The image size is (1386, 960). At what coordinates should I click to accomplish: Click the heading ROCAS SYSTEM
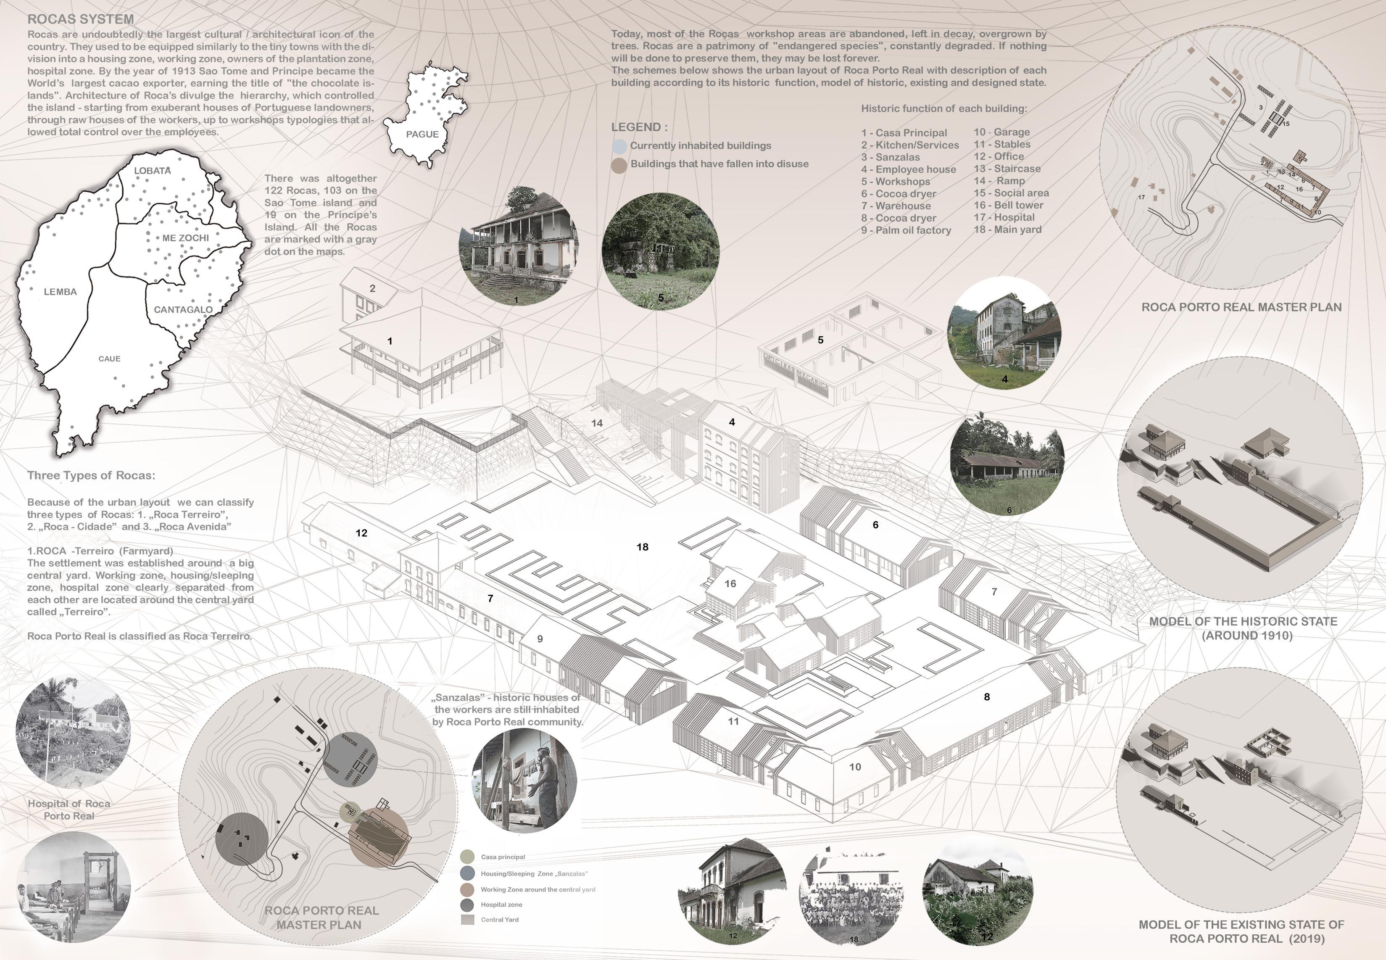pyautogui.click(x=81, y=20)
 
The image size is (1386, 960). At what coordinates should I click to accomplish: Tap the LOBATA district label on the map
pyautogui.click(x=152, y=171)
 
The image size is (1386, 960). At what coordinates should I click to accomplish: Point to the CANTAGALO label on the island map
pyautogui.click(x=183, y=310)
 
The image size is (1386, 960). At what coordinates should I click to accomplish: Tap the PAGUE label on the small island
pyautogui.click(x=422, y=134)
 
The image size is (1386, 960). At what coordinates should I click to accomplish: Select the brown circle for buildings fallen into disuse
pyautogui.click(x=619, y=165)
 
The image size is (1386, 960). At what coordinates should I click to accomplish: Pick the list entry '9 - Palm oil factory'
pyautogui.click(x=906, y=230)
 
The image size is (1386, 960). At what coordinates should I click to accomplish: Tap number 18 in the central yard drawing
pyautogui.click(x=642, y=547)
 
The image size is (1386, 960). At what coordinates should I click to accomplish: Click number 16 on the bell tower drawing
pyautogui.click(x=730, y=583)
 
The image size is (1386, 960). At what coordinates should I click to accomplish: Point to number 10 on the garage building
pyautogui.click(x=854, y=767)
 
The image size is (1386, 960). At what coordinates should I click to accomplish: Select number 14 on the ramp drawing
pyautogui.click(x=596, y=423)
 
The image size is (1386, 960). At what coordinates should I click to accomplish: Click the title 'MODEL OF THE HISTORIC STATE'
pyautogui.click(x=1243, y=621)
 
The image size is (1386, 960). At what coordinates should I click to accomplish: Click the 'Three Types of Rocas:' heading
pyautogui.click(x=91, y=476)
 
